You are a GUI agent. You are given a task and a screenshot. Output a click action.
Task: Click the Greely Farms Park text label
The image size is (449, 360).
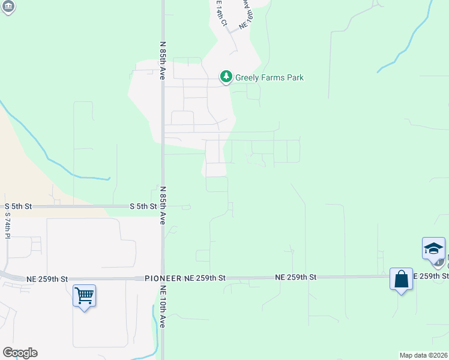pos(270,77)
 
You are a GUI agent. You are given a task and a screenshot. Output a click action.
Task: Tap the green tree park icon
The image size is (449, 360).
pos(226,77)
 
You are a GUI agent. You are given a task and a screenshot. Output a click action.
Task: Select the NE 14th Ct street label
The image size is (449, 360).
pos(221,13)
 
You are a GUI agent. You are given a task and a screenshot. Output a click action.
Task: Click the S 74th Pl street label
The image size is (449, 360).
pos(8,226)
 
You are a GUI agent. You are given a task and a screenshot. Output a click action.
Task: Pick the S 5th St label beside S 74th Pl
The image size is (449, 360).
pos(18,206)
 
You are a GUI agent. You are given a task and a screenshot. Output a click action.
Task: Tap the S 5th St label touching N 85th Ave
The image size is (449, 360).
pos(143,206)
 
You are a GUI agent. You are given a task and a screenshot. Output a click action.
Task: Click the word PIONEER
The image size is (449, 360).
pos(163,278)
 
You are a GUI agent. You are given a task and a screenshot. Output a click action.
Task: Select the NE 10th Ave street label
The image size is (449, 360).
pos(162,307)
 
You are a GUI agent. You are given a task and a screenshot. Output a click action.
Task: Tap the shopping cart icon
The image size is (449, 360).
pos(84,295)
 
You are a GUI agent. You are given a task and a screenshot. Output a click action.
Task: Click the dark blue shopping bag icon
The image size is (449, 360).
pos(401,279)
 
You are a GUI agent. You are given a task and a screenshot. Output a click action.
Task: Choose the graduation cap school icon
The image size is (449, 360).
pos(433,248)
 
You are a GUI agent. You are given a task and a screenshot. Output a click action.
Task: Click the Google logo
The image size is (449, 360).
pos(20,353)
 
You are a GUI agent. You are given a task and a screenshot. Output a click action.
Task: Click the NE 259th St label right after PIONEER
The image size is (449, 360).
pos(205,278)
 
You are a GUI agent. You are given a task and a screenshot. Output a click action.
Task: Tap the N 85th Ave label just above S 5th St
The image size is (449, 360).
pos(162,205)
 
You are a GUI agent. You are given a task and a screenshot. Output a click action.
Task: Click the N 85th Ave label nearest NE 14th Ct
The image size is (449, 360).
pos(162,61)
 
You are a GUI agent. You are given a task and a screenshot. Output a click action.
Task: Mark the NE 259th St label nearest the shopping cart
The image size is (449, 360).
pos(47,279)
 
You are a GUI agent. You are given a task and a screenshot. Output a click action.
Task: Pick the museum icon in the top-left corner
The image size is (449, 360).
pos(8,6)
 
